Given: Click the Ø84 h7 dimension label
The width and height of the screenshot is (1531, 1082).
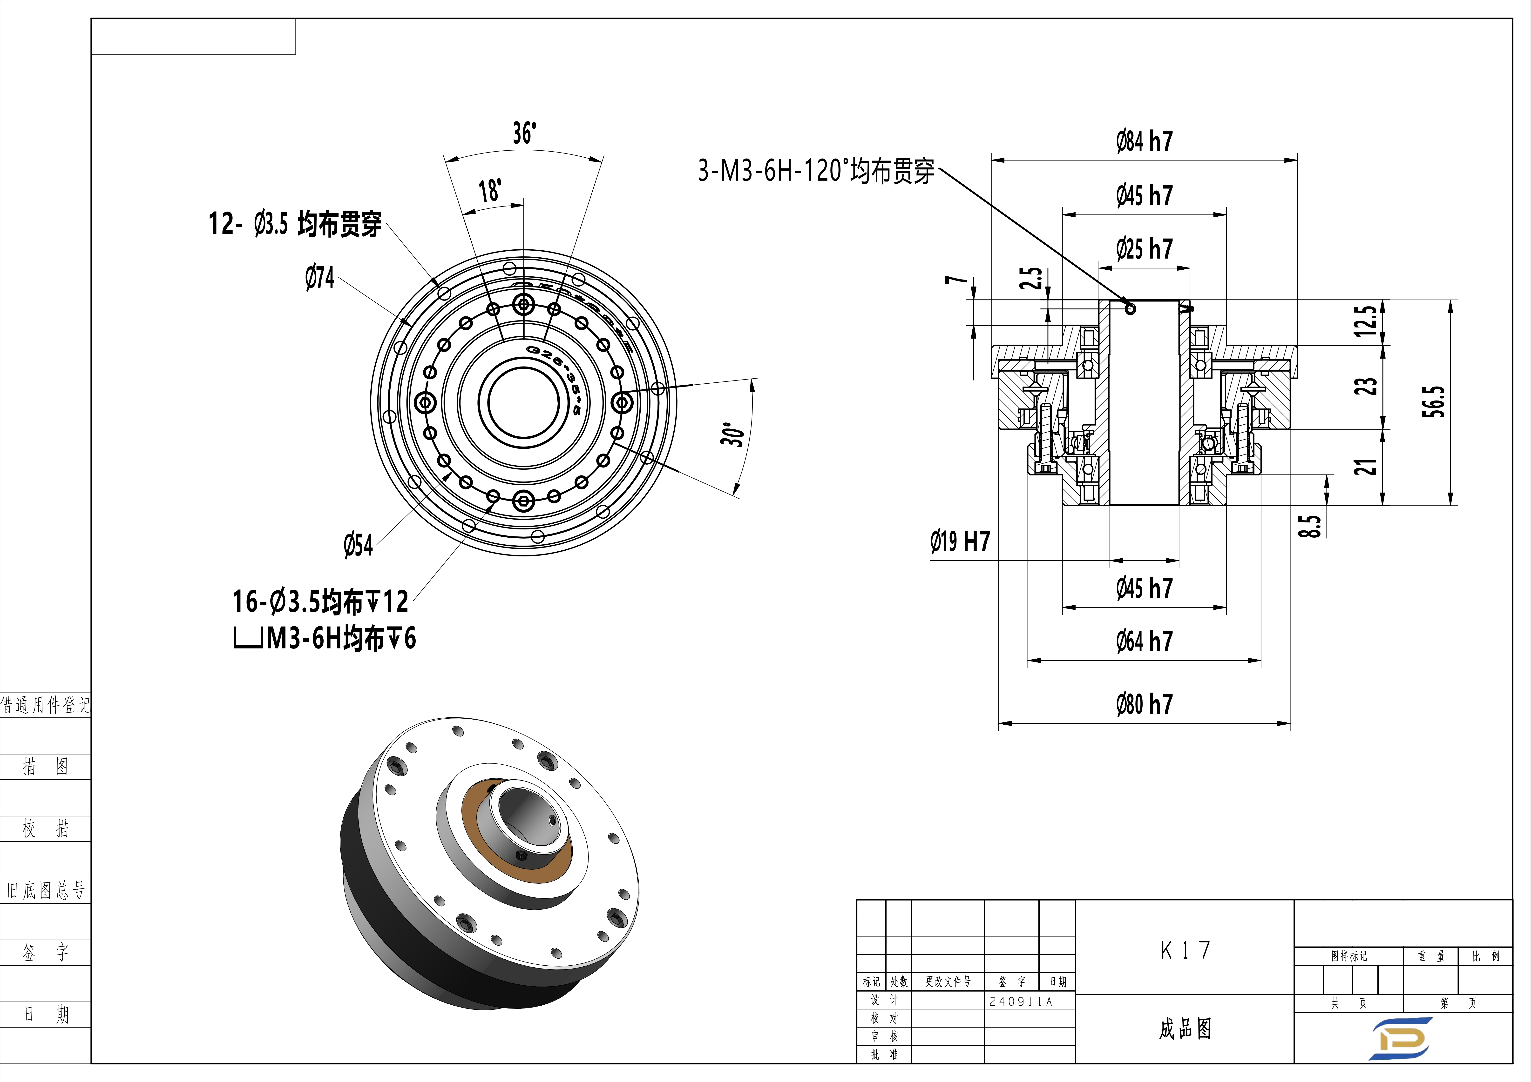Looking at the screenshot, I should tap(1144, 141).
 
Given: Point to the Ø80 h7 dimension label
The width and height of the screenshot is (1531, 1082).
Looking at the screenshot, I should tap(1144, 704).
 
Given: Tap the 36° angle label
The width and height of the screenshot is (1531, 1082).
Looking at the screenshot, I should tap(524, 133).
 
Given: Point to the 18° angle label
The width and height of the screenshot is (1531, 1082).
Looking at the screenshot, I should tap(490, 191).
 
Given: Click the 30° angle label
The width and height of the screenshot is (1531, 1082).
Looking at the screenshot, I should tap(732, 434).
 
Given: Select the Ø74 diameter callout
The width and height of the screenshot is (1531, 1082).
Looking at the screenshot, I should tap(320, 277).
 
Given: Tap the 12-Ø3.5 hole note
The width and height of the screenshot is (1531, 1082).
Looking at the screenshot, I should tap(295, 224).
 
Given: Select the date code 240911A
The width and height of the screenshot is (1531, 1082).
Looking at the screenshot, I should tap(1020, 1001).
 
